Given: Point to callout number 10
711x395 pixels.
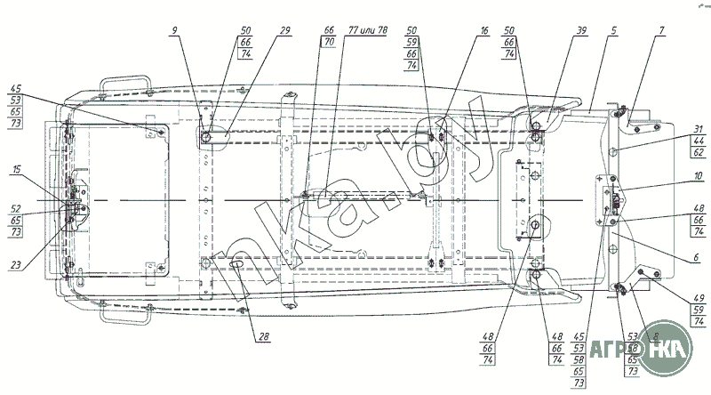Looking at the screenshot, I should [700, 188].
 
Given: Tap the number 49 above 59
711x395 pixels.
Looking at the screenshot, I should [699, 297].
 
